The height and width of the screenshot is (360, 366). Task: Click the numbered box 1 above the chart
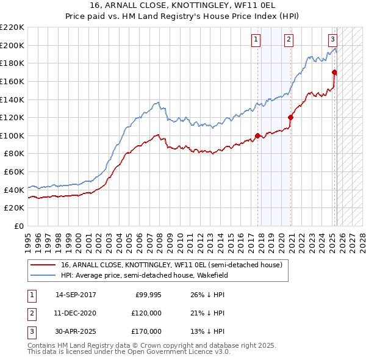(x=255, y=40)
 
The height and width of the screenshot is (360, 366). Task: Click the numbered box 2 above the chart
(x=288, y=40)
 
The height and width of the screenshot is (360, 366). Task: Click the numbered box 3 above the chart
(x=332, y=40)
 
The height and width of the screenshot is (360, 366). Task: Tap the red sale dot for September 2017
(x=258, y=135)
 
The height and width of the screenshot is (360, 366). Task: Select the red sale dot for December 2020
(x=291, y=117)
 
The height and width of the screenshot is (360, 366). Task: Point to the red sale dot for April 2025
(x=335, y=72)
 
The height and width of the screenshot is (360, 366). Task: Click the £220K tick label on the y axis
(x=12, y=27)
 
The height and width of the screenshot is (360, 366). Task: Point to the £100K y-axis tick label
(x=12, y=135)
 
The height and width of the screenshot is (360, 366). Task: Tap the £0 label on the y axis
(x=18, y=226)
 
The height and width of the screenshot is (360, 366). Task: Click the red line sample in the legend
(x=43, y=265)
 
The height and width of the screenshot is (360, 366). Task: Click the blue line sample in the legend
(x=43, y=275)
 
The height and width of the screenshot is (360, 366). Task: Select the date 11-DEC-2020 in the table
(x=76, y=313)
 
